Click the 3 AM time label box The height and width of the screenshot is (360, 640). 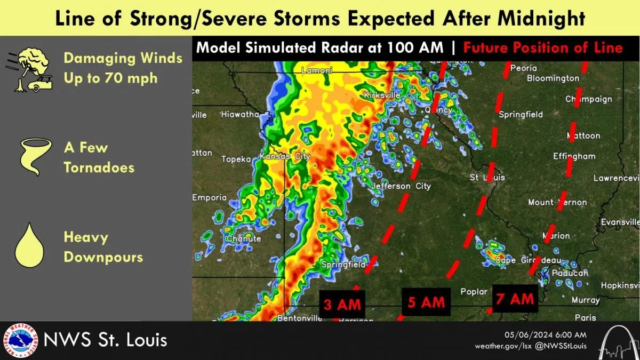click(342, 305)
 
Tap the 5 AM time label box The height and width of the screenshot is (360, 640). click(426, 302)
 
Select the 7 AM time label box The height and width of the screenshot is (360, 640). click(515, 299)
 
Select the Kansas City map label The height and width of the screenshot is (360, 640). click(285, 157)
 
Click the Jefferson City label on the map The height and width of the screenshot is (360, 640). click(401, 186)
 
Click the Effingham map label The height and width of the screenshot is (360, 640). click(574, 156)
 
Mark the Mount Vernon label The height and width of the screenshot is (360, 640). click(557, 202)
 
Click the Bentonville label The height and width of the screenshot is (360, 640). click(299, 318)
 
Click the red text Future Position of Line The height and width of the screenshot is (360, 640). click(542, 48)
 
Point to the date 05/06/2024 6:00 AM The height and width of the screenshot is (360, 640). click(546, 334)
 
